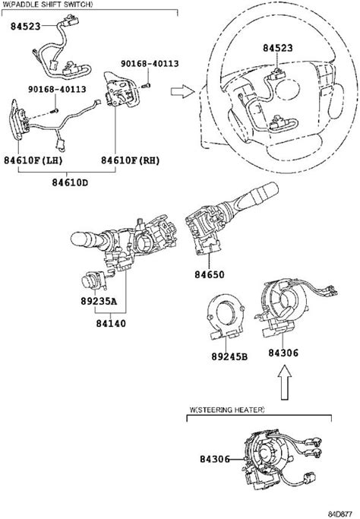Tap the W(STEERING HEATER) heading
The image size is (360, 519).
226,410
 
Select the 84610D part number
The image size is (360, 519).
70,182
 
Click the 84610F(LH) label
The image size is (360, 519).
33,160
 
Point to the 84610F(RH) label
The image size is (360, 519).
131,160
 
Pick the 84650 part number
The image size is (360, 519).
209,274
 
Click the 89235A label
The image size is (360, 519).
99,301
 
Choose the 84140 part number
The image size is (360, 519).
111,323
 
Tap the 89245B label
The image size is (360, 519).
229,356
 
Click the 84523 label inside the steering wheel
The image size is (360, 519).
278,48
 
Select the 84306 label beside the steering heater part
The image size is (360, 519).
214,459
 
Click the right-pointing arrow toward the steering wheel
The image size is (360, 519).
182,91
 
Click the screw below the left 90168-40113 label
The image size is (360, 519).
55,110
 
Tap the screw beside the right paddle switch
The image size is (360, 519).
147,85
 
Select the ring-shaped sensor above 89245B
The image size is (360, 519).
226,315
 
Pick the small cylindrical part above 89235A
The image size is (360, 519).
94,281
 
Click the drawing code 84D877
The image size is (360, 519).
339,514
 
